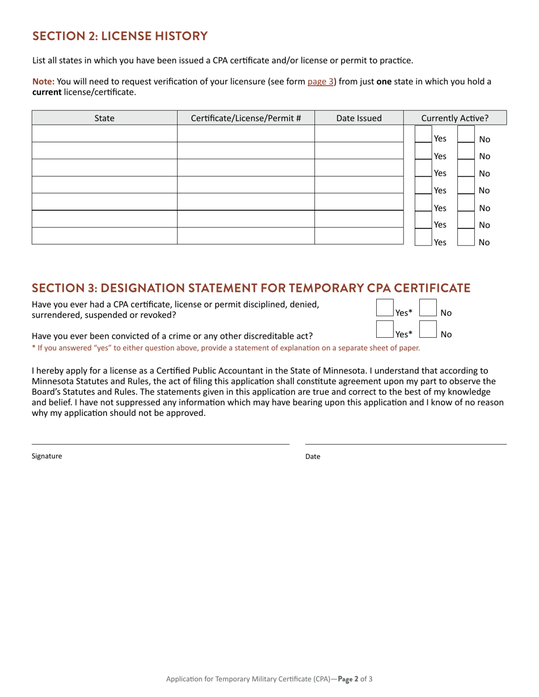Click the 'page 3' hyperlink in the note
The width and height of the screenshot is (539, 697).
point(321,82)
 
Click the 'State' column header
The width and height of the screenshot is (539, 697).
point(104,118)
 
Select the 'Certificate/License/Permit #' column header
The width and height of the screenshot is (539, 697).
point(246,118)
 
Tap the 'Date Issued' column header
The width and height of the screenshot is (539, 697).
point(359,118)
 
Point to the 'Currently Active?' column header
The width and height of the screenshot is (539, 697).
point(454,118)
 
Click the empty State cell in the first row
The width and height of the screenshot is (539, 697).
point(104,134)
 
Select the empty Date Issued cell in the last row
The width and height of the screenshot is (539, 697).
point(359,236)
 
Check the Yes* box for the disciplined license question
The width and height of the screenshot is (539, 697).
point(385,308)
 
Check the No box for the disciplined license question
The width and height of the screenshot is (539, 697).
point(427,308)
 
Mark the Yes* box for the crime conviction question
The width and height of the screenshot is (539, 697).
point(385,330)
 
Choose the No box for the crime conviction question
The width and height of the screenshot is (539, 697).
point(427,330)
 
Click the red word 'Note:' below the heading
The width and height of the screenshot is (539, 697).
point(43,82)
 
